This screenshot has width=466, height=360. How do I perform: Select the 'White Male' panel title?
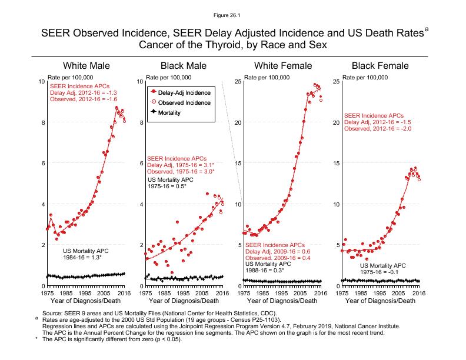coord(86,65)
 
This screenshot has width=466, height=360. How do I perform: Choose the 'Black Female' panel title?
coord(381,65)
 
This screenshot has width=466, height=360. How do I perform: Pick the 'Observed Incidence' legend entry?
coord(185,102)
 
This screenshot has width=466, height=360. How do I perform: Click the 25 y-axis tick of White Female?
coord(237,81)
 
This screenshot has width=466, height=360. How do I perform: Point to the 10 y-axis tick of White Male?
coord(41,81)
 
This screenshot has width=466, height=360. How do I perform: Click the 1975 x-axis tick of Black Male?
coord(145,292)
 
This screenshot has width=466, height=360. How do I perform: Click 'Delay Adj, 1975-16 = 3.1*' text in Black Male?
coord(180,165)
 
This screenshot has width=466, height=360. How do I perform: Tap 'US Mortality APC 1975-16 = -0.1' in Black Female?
coord(382,269)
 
